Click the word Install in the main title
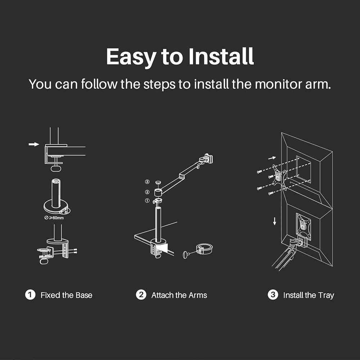pos(221,56)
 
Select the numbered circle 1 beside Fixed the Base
pos(30,295)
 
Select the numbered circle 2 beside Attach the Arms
pos(141,295)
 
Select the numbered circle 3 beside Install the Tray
pos(273,295)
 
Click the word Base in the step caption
pos(84,295)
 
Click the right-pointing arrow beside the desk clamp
pos(34,144)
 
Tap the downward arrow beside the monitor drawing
pos(274,221)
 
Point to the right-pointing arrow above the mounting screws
pos(272,158)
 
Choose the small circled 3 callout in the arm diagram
pos(147,182)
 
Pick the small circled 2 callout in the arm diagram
pos(147,192)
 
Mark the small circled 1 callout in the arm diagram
pos(147,201)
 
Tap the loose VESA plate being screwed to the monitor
pos(279,177)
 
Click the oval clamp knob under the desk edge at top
pos(56,168)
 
